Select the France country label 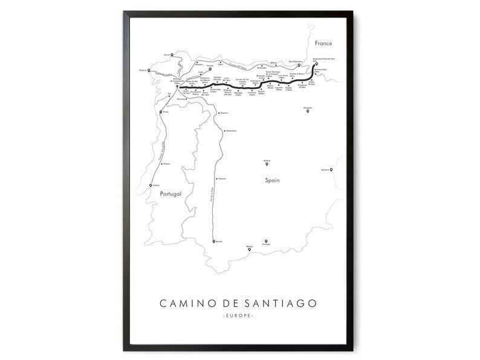click(323, 44)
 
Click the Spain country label click(272, 180)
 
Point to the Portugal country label click(170, 194)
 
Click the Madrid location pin click(267, 163)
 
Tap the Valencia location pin click(331, 170)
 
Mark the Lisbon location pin click(151, 185)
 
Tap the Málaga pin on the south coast click(249, 249)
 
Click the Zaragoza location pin click(308, 110)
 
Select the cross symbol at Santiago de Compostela click(177, 88)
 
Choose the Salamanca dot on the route click(225, 130)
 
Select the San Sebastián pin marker click(299, 65)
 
